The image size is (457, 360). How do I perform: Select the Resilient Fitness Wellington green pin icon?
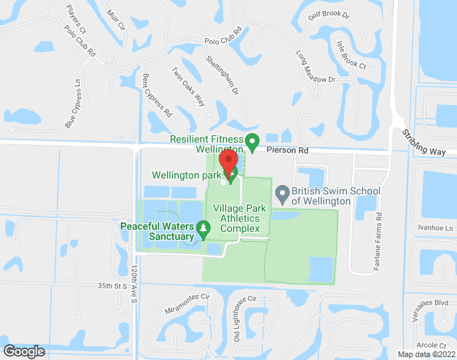(x=252, y=140)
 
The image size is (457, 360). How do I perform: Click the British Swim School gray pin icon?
(x=282, y=192)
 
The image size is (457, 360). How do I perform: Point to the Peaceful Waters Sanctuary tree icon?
(x=204, y=230)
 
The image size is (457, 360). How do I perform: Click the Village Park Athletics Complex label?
(x=240, y=218)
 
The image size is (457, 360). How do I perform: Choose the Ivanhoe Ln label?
(x=439, y=229)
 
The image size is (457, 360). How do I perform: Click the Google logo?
(x=24, y=351)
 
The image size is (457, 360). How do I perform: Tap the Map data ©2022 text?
(x=426, y=354)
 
